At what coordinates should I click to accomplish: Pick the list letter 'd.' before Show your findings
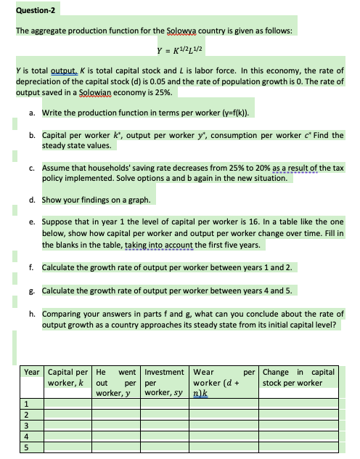point(34,197)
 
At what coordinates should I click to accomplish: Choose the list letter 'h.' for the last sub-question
point(34,314)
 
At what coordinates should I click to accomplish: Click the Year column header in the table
point(32,371)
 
